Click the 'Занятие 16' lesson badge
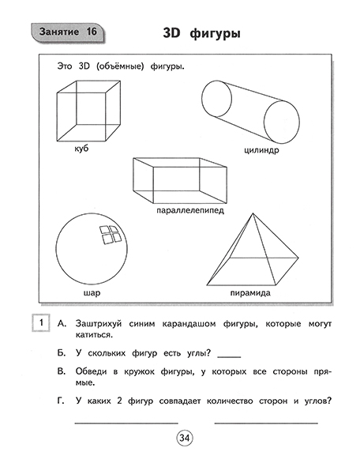pyautogui.click(x=67, y=32)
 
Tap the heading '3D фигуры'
pyautogui.click(x=201, y=35)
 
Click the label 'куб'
pyautogui.click(x=81, y=149)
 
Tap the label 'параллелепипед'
pyautogui.click(x=189, y=211)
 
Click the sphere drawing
pyautogui.click(x=91, y=252)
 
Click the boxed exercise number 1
pyautogui.click(x=37, y=324)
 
